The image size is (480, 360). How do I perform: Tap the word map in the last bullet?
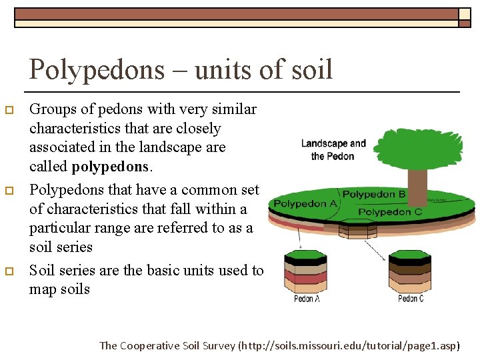[43, 289]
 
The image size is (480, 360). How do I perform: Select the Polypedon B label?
[374, 195]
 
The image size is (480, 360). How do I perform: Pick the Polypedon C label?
[390, 212]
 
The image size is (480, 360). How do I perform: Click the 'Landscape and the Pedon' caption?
[333, 149]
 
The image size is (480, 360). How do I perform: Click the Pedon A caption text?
[307, 299]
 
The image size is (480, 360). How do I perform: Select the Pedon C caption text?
[411, 299]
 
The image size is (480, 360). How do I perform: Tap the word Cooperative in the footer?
[153, 345]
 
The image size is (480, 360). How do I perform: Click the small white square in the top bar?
[465, 13]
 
